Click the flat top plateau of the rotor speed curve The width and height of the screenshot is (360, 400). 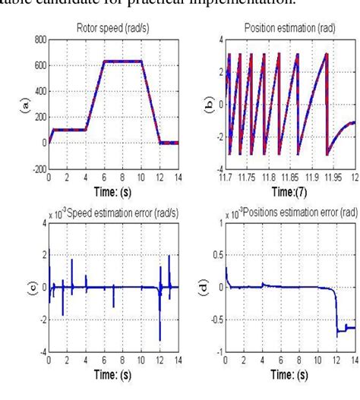coord(122,61)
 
